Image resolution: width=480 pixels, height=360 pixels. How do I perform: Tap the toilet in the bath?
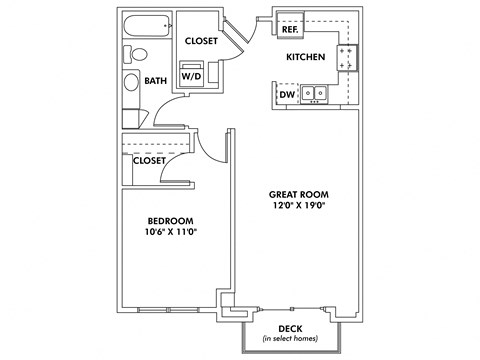[140, 54]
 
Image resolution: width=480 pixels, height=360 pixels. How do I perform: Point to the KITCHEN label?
[306, 57]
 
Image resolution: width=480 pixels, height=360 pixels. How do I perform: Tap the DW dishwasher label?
[288, 94]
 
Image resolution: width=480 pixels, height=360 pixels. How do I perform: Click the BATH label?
[156, 81]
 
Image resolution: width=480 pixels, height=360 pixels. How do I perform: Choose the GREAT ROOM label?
[299, 193]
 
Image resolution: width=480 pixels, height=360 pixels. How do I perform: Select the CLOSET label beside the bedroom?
[150, 159]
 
